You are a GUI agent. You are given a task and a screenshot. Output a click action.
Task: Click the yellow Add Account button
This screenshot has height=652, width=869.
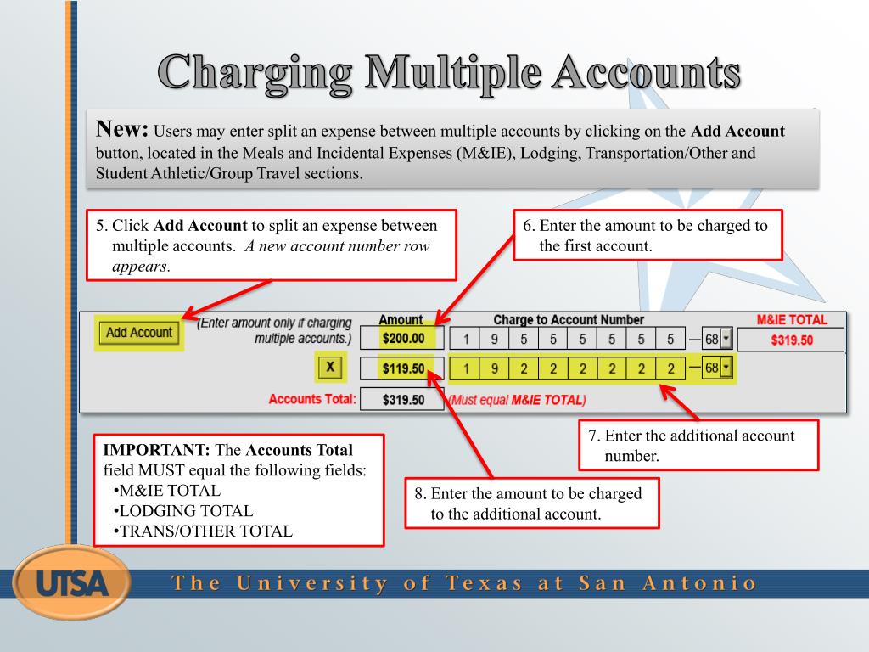[x=139, y=333]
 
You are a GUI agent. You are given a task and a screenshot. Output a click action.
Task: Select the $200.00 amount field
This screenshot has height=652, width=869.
[x=402, y=339]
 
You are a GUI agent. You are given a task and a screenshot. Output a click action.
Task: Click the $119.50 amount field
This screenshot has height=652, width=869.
[x=402, y=369]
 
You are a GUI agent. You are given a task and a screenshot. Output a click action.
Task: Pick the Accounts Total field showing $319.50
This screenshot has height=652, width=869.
[x=402, y=399]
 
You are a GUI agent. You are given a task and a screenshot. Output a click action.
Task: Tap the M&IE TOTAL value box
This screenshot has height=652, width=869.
[x=791, y=340]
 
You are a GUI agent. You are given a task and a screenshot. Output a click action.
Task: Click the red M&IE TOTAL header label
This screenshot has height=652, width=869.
[x=791, y=320]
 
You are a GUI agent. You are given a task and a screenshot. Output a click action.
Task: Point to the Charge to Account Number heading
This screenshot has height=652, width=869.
[x=569, y=320]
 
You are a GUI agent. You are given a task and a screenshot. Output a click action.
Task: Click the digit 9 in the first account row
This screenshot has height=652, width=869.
[x=493, y=340]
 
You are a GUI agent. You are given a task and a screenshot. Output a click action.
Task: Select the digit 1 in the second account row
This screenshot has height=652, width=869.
[x=466, y=369]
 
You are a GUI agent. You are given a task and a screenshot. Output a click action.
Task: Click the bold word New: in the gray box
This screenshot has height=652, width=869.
[x=123, y=130]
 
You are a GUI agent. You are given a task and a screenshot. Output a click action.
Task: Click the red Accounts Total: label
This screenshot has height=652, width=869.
[x=312, y=398]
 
